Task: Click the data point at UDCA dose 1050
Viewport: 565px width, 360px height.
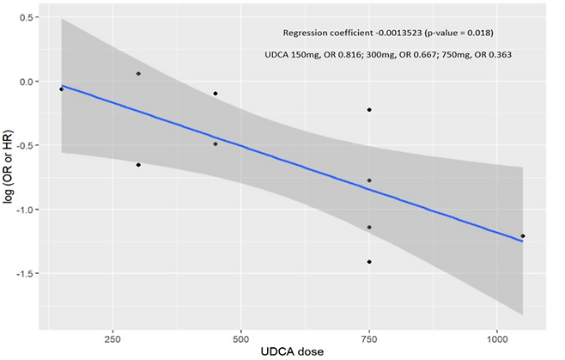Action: tap(523, 235)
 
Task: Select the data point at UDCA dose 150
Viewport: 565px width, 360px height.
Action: tap(61, 89)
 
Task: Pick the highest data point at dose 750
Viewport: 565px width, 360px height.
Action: tap(369, 110)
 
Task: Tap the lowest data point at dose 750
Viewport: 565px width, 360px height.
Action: tap(369, 262)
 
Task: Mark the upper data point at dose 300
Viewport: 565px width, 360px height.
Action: tap(138, 74)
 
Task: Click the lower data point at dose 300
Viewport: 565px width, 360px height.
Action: tap(138, 164)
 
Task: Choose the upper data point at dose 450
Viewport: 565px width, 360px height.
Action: tap(215, 94)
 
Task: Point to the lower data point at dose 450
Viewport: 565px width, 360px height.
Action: tap(215, 144)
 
